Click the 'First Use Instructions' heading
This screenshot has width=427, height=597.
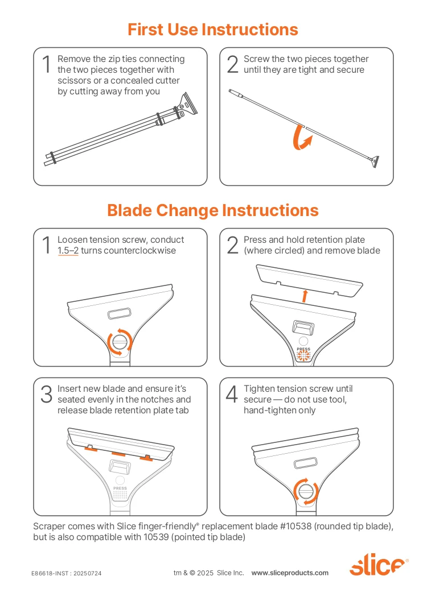pyautogui.click(x=213, y=30)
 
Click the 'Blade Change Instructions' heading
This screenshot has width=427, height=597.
pyautogui.click(x=213, y=210)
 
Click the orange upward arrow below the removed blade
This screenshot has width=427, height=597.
pyautogui.click(x=305, y=296)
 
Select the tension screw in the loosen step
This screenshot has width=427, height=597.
pyautogui.click(x=120, y=341)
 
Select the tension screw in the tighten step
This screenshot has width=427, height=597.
pyautogui.click(x=306, y=491)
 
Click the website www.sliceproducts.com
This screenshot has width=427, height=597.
pyautogui.click(x=290, y=573)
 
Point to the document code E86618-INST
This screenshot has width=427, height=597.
pyautogui.click(x=50, y=573)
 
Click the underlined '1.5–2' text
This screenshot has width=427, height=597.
pyautogui.click(x=68, y=251)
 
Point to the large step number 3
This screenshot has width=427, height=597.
pyautogui.click(x=47, y=394)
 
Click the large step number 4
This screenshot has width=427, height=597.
pyautogui.click(x=232, y=394)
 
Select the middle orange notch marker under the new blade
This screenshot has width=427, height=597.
pyautogui.click(x=118, y=454)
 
